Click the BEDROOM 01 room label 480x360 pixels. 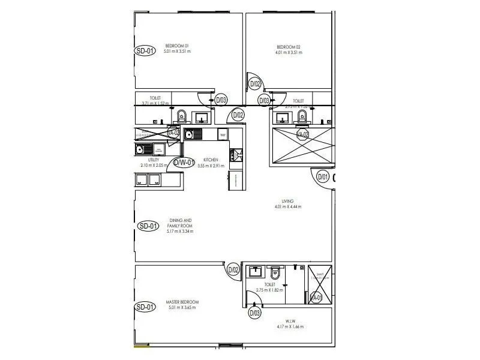177,46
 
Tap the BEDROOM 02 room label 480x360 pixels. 289,47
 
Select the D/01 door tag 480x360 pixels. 323,176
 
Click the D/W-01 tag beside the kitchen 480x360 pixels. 184,162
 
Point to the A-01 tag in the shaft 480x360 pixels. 317,297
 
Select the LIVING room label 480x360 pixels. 288,201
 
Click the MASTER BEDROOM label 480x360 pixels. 182,302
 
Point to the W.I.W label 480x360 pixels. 290,321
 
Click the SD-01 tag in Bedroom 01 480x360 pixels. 144,51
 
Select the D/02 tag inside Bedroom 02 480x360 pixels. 255,84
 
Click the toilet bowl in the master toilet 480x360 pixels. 275,273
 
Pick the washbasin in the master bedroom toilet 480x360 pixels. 256,272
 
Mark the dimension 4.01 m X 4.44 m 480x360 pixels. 288,207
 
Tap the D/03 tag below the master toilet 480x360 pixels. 255,313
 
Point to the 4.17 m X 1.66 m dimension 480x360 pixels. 290,327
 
